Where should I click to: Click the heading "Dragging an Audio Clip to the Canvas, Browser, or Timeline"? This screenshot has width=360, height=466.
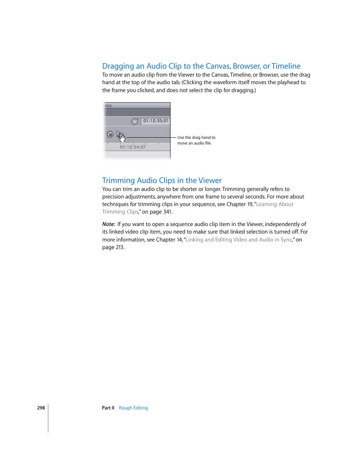(x=201, y=66)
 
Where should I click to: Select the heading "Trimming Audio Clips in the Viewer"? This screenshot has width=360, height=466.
(x=162, y=180)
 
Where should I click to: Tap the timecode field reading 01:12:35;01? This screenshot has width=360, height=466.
(x=155, y=121)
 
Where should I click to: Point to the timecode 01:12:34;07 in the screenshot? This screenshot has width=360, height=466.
(x=132, y=147)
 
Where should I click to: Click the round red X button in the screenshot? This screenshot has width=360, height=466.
(x=110, y=134)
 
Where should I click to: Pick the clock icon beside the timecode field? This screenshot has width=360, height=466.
(x=135, y=121)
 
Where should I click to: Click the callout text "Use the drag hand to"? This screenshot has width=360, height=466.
(x=196, y=138)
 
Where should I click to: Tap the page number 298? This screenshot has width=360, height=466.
(x=41, y=408)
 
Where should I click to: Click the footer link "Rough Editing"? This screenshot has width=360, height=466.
(x=133, y=408)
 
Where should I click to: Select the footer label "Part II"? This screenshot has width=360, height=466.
(x=108, y=408)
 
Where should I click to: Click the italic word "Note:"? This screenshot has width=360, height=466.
(x=109, y=224)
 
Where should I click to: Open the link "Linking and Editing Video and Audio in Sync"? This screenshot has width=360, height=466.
(x=238, y=240)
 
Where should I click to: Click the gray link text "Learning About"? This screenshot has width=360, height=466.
(x=274, y=204)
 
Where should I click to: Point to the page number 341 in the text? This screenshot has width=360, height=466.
(x=167, y=212)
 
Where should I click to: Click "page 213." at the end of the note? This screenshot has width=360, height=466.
(x=113, y=248)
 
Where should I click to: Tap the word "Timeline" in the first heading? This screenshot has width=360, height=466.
(x=286, y=66)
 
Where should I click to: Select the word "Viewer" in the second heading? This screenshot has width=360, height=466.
(x=210, y=180)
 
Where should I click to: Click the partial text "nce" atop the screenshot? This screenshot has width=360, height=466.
(x=108, y=106)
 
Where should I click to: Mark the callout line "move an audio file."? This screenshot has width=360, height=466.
(x=194, y=143)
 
